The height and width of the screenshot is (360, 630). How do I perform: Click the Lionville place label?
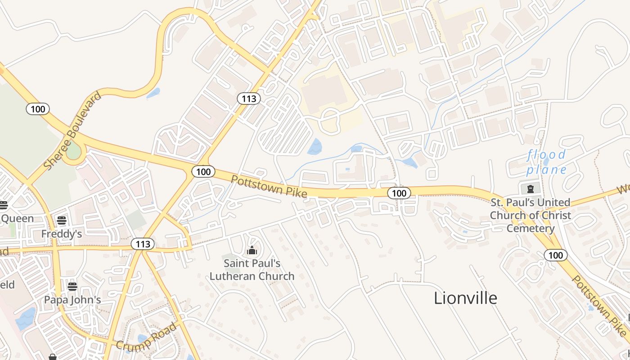tap(465, 298)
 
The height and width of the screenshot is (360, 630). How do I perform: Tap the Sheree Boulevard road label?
tap(72, 131)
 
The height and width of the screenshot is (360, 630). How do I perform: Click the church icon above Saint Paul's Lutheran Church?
tap(252, 250)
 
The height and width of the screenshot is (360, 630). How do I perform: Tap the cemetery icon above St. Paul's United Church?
tap(530, 188)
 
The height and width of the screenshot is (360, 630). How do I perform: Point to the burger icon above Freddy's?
tap(62, 220)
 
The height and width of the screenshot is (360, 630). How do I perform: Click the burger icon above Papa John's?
tap(72, 286)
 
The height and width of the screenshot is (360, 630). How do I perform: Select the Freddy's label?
tap(62, 234)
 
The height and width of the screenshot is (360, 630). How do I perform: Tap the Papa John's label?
tap(72, 300)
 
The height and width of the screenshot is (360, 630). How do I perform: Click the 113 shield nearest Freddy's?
tap(143, 244)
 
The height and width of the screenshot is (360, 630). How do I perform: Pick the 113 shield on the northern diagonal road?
tap(249, 99)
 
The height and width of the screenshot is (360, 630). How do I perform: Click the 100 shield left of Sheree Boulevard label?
tap(38, 108)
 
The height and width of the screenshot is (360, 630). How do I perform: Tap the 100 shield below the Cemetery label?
tap(556, 255)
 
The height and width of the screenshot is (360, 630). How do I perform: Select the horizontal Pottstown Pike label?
tap(269, 186)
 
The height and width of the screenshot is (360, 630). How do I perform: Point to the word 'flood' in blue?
tap(546, 155)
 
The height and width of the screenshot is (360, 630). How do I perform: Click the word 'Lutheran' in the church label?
tap(252, 276)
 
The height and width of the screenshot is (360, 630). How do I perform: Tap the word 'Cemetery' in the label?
tap(531, 229)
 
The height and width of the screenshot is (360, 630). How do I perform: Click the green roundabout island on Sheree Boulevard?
tap(73, 151)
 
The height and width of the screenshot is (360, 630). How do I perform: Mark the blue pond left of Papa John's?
tap(26, 319)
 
